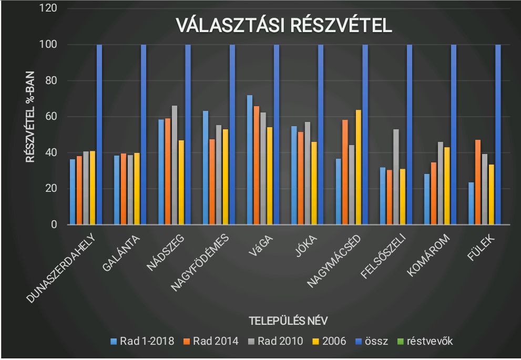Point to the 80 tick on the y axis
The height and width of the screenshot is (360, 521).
pos(50,80)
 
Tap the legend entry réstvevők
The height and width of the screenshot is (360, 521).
pos(429,341)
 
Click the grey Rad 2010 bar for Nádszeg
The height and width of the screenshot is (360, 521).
pos(175,165)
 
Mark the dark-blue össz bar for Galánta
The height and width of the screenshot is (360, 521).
pos(144,135)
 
